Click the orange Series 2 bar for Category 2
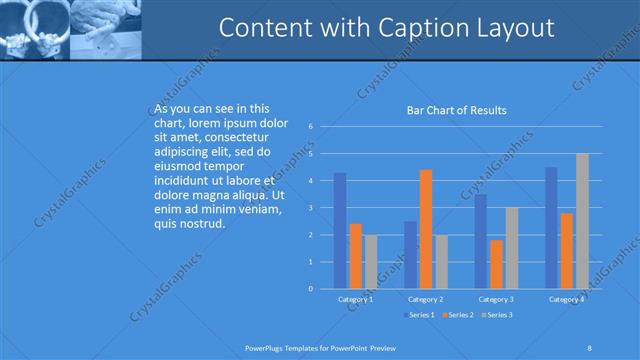point(425,229)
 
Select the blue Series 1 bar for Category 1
point(340,231)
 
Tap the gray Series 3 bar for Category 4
point(582,221)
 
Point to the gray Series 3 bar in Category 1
point(371,262)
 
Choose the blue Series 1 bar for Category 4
point(551,228)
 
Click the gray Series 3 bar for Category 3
point(511,248)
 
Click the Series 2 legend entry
point(456,315)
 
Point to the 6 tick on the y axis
point(312,127)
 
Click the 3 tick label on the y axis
point(312,208)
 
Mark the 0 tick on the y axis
point(312,289)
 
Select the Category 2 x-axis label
point(426,299)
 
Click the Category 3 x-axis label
point(496,299)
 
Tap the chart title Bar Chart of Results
point(456,110)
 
